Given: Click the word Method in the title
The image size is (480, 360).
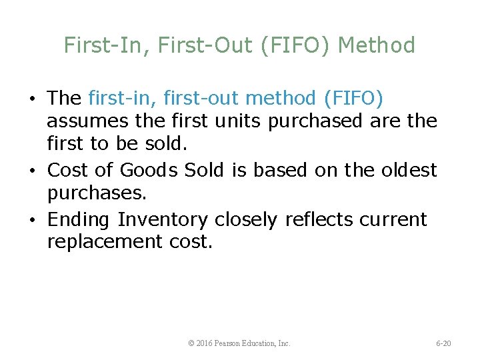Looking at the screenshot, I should tap(377, 45).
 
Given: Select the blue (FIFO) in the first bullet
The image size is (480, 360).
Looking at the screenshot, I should tap(353, 99).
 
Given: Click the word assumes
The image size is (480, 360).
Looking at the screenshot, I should tap(85, 122).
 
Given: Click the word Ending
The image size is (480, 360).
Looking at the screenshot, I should tap(79, 219).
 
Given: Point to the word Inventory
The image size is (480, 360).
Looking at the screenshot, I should tap(163, 219).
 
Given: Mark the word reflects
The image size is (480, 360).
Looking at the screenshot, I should tap(317, 219).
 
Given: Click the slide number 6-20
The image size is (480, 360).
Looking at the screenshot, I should tap(443, 343).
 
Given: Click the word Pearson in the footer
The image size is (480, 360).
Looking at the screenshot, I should tap(231, 343).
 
